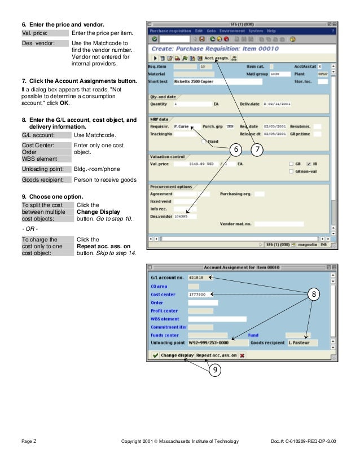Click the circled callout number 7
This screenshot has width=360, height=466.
257,149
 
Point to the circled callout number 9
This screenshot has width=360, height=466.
214,370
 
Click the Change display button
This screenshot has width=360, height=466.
177,355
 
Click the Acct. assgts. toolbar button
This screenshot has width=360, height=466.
217,58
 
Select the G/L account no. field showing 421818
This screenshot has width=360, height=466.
199,278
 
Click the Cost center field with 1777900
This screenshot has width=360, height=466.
200,294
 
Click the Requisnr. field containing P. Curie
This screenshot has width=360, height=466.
186,126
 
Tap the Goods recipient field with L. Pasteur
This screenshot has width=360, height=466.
301,342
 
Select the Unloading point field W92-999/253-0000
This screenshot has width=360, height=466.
217,342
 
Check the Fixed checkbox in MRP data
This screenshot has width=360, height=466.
204,141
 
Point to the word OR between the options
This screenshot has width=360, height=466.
28,230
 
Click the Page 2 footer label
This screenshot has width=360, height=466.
29,441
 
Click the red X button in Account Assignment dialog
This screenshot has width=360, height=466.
242,355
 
